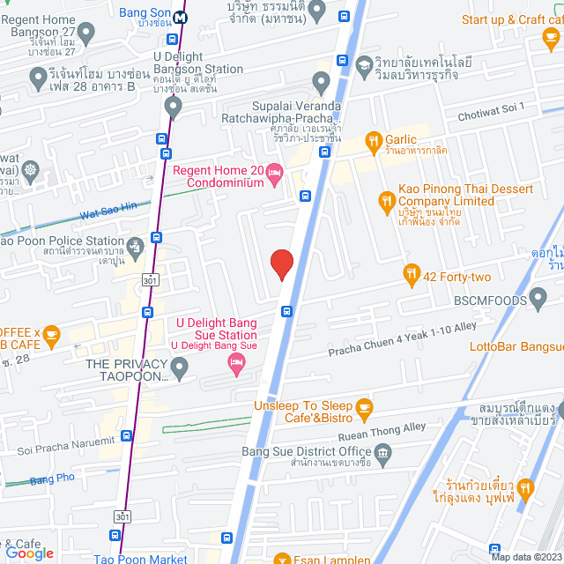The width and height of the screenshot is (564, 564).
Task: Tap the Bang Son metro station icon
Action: click(x=181, y=17)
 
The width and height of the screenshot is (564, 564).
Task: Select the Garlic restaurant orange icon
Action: click(x=374, y=138)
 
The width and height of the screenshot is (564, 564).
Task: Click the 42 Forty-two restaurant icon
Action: click(x=411, y=275)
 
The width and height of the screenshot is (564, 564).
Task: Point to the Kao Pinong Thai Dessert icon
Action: click(x=386, y=202)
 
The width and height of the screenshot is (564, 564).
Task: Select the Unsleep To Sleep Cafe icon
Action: click(x=365, y=406)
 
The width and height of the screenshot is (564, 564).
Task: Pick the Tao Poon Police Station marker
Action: click(x=135, y=245)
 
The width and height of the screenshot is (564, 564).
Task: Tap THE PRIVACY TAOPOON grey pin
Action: click(x=180, y=370)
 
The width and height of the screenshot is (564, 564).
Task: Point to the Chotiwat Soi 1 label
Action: click(x=489, y=111)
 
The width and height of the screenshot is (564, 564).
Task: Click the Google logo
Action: click(x=28, y=553)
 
